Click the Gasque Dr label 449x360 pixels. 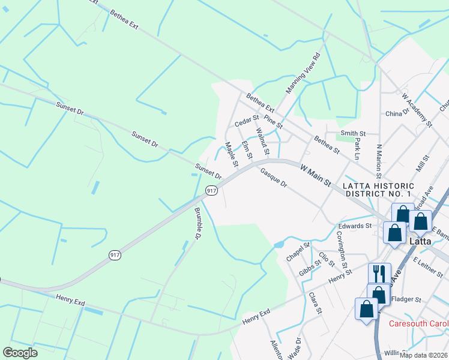tap(274, 179)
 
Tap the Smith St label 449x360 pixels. tap(353, 133)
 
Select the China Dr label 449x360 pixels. tap(397, 113)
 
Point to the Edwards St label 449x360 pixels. tap(355, 226)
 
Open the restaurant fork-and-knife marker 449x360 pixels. tap(379, 274)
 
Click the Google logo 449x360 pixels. tap(20, 353)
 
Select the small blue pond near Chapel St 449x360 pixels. tap(278, 245)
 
